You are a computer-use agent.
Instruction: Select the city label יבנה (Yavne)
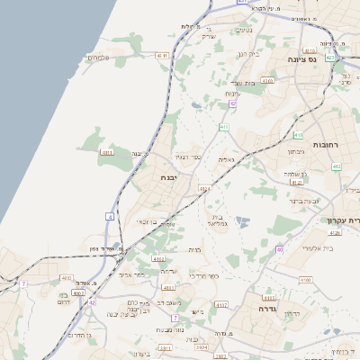tap(169, 177)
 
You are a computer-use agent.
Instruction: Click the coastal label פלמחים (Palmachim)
tap(98, 58)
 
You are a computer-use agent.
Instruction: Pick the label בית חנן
tap(247, 55)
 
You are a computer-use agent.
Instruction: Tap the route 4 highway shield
tap(110, 217)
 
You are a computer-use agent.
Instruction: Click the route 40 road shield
tap(280, 249)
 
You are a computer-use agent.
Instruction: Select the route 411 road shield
tap(223, 128)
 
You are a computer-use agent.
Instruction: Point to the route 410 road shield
tap(298, 136)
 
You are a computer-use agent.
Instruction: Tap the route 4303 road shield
tap(267, 80)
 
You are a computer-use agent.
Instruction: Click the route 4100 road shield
tap(306, 280)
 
